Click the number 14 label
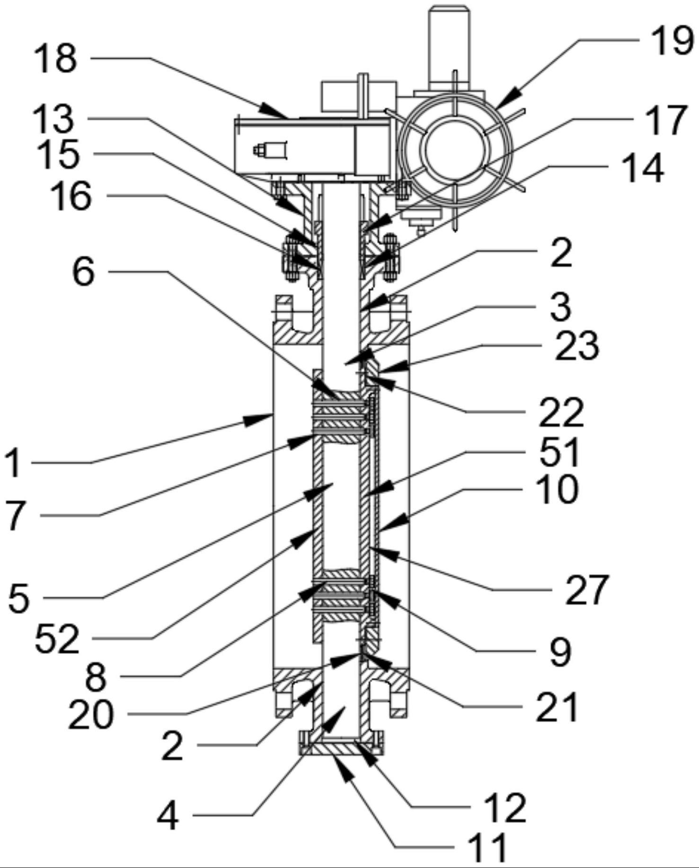click(x=642, y=168)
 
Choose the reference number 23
click(x=577, y=346)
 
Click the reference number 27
click(x=586, y=590)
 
